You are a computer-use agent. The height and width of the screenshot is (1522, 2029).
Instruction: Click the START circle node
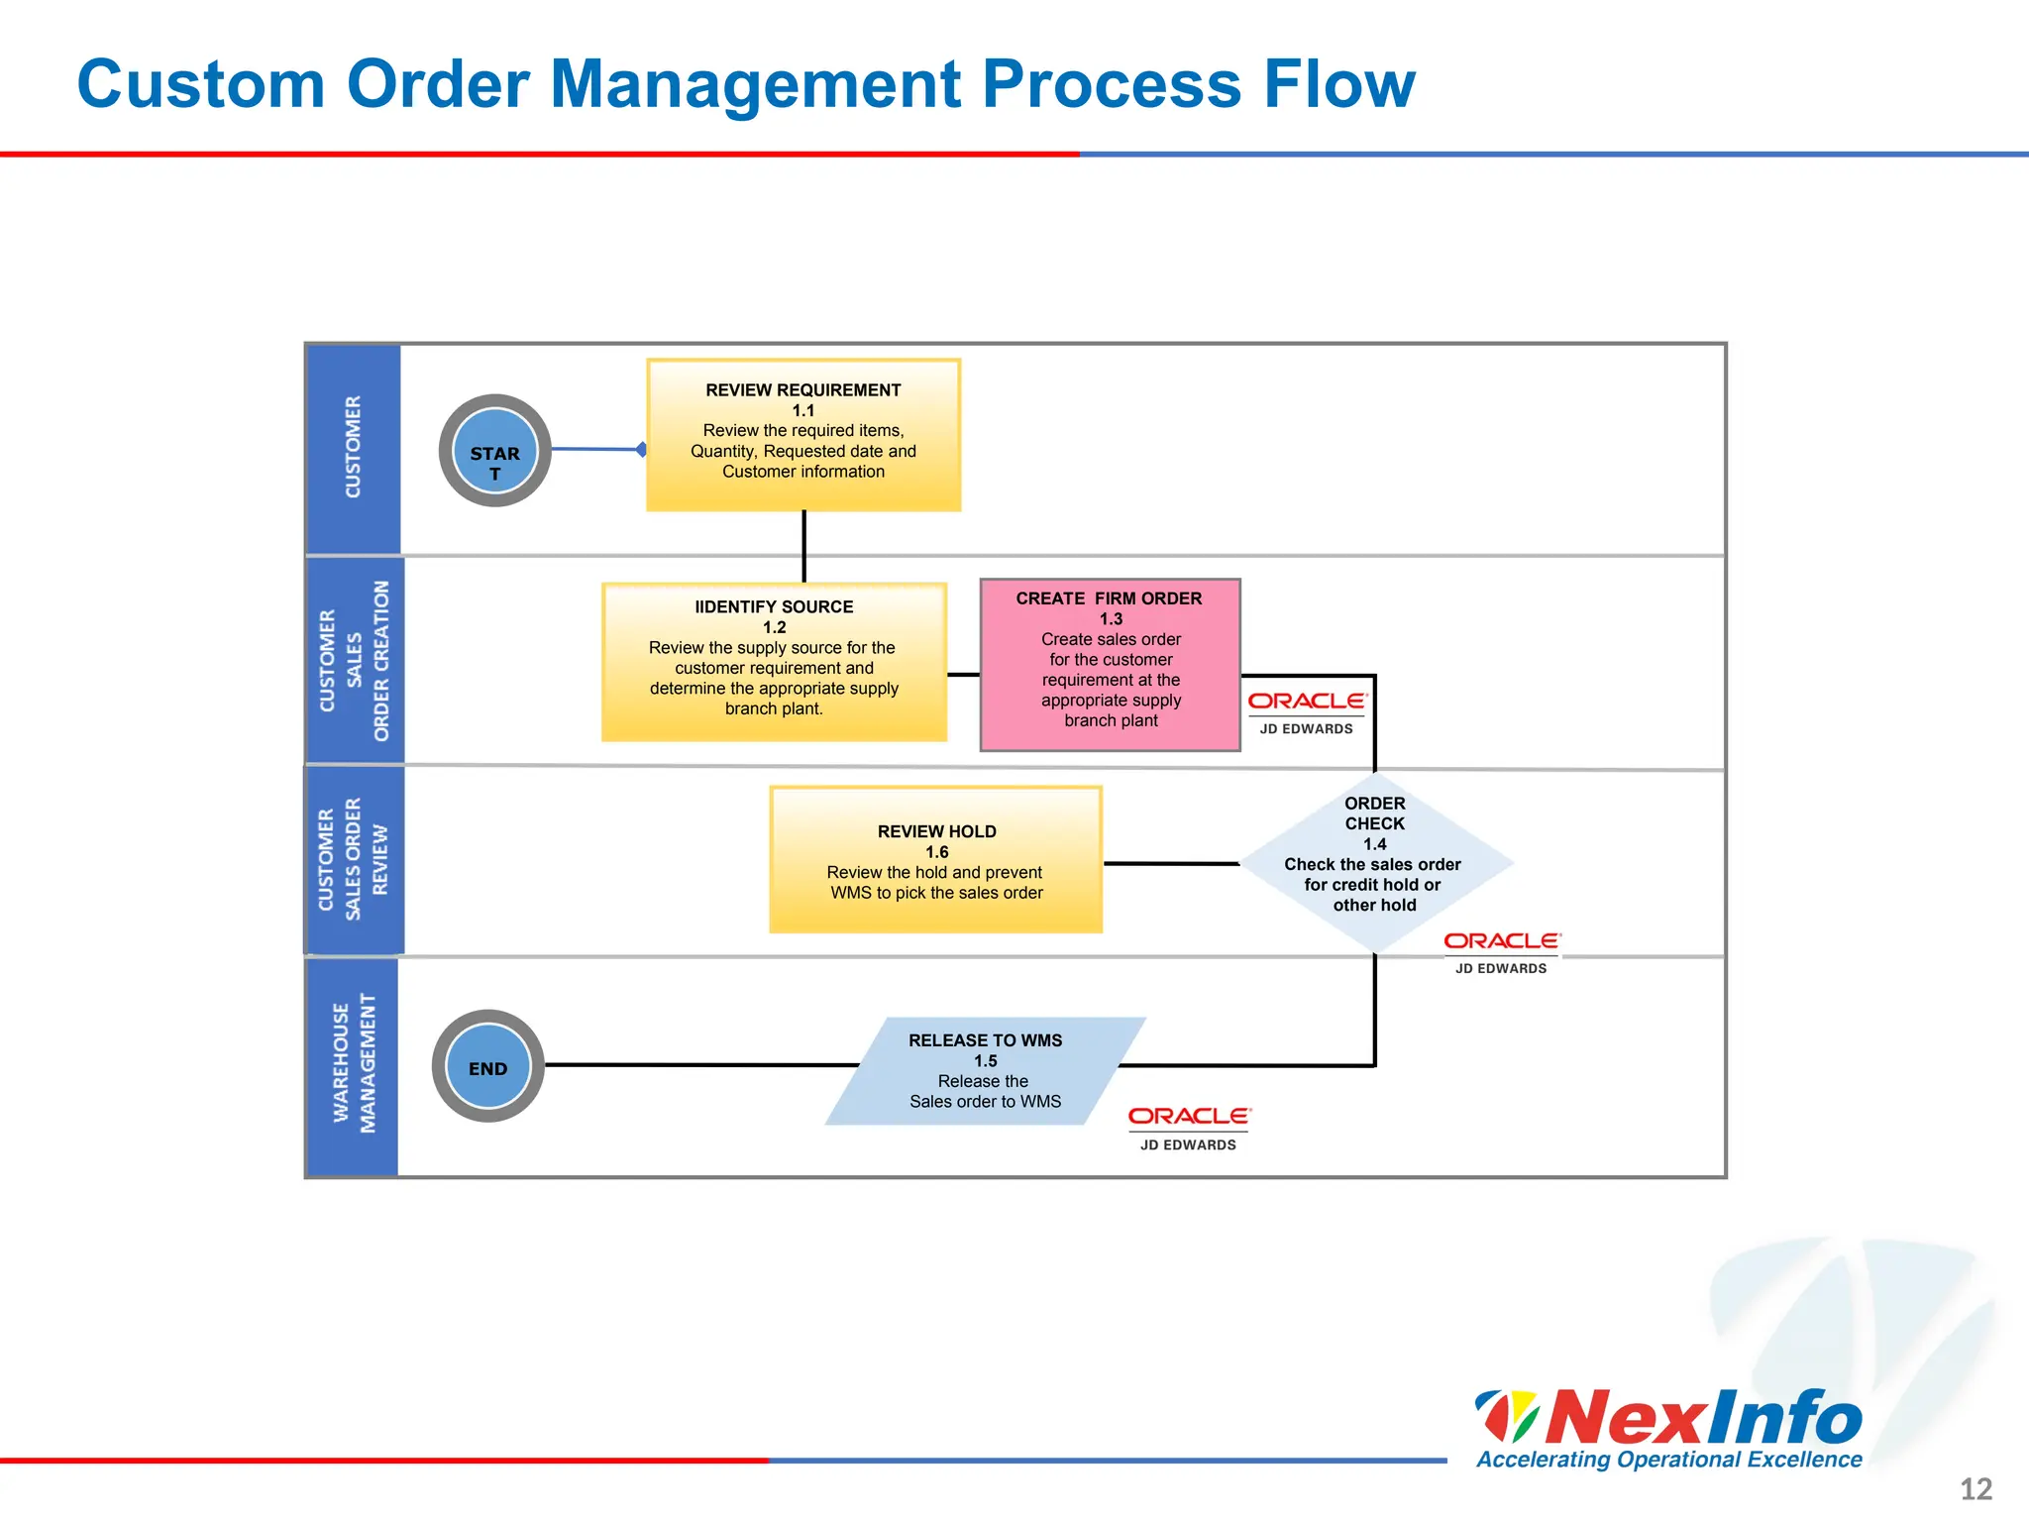pos(494,451)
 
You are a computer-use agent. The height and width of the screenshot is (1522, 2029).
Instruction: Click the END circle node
pos(487,1066)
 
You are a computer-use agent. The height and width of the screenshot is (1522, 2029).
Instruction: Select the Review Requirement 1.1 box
pos(803,435)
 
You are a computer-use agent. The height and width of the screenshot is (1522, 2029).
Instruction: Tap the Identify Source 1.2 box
pos(774,662)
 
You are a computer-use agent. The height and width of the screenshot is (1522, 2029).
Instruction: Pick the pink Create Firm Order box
pos(1110,665)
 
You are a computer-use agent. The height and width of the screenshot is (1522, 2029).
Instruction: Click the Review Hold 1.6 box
pos(935,860)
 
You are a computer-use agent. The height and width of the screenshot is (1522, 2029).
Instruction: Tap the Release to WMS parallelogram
pos(985,1071)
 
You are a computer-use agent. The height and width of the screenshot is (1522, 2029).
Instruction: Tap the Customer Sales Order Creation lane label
pos(354,661)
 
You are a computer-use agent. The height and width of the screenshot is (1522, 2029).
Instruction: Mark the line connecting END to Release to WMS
pos(694,1065)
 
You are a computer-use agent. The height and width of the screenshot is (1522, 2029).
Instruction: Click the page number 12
pos(1976,1489)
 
